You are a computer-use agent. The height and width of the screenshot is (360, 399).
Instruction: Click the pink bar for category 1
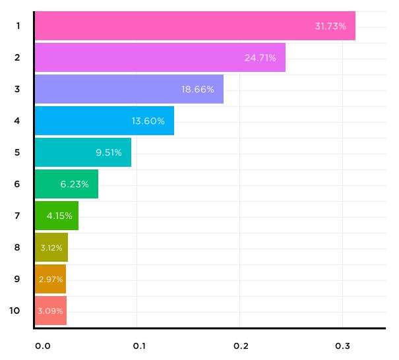pyautogui.click(x=195, y=26)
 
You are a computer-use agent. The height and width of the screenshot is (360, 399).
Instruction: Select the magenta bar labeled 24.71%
pyautogui.click(x=160, y=57)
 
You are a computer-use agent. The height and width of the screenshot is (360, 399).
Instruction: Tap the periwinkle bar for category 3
pyautogui.click(x=129, y=89)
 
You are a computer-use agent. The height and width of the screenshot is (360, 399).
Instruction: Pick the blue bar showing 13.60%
pyautogui.click(x=104, y=121)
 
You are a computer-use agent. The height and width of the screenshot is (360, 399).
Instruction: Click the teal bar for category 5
pyautogui.click(x=82, y=152)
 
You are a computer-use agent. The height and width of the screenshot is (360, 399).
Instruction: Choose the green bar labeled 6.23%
pyautogui.click(x=66, y=184)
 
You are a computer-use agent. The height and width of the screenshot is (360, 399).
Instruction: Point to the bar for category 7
pyautogui.click(x=56, y=216)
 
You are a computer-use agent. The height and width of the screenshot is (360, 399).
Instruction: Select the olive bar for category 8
pyautogui.click(x=51, y=247)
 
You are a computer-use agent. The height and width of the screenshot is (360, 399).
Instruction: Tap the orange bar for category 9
pyautogui.click(x=50, y=279)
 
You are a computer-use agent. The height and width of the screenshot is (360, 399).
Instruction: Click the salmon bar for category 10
pyautogui.click(x=50, y=311)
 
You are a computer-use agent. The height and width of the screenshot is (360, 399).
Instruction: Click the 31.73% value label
pyautogui.click(x=330, y=26)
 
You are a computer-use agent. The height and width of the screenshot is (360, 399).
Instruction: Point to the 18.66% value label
pyautogui.click(x=198, y=89)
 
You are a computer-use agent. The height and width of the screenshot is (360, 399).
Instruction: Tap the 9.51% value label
pyautogui.click(x=109, y=152)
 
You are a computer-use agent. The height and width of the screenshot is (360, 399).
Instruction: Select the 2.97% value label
pyautogui.click(x=51, y=279)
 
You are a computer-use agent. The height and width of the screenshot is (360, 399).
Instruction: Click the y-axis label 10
pyautogui.click(x=15, y=311)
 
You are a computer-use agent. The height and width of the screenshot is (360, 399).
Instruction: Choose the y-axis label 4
pyautogui.click(x=17, y=121)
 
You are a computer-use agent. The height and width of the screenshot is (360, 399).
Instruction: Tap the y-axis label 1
pyautogui.click(x=17, y=26)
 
